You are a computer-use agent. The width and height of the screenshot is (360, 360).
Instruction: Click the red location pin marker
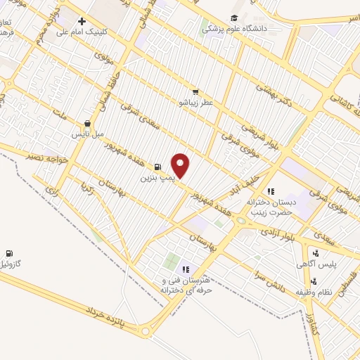tap(181, 165)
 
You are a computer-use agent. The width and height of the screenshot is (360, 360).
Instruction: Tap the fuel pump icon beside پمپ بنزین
tap(157, 167)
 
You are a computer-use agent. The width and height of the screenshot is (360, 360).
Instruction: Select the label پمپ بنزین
tap(155, 178)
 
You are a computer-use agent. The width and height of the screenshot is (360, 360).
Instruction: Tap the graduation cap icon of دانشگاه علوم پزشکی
tap(233, 19)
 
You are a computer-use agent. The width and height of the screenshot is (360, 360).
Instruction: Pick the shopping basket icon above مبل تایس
tap(87, 122)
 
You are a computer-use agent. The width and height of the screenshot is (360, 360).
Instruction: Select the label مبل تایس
tap(87, 133)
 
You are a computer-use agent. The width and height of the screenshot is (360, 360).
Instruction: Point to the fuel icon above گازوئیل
tap(8, 253)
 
